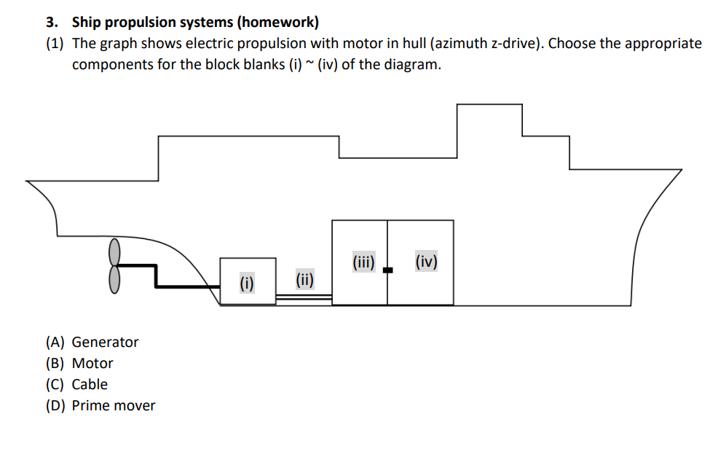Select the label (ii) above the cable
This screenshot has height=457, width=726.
click(304, 278)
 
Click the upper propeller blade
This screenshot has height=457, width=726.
click(114, 252)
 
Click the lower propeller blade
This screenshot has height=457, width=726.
click(114, 278)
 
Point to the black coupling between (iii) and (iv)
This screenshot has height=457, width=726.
click(387, 270)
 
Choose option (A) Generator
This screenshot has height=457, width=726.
click(92, 342)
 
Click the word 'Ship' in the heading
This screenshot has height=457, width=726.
click(86, 21)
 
